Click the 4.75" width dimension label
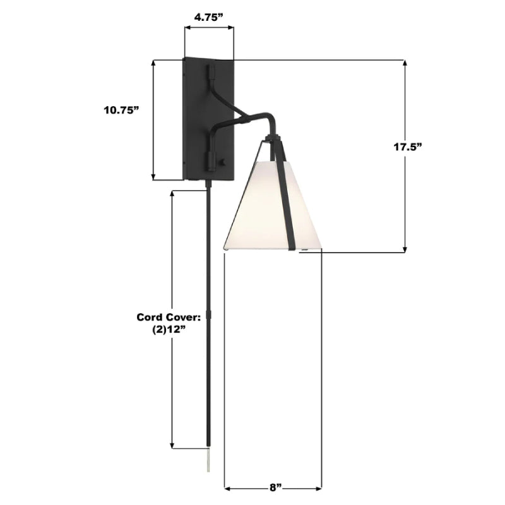(209, 18)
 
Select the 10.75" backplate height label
(121, 110)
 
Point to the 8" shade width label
(275, 487)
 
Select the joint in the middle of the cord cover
(208, 314)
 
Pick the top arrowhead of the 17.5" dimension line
(405, 64)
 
